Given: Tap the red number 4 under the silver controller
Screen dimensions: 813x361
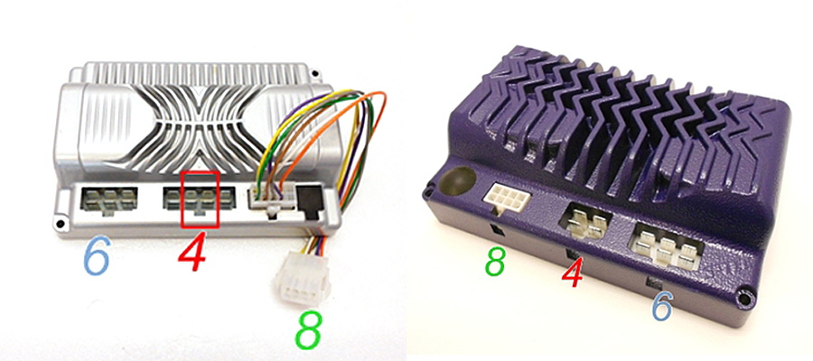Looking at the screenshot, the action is coord(193,252).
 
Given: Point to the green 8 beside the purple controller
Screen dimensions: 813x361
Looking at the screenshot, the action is coord(495,262).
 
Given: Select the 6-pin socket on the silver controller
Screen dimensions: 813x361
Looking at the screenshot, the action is coord(107,200).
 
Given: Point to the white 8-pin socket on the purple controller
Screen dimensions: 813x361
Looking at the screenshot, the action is coord(504,197).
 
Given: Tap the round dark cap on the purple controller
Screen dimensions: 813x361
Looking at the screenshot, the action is coord(457,180).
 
